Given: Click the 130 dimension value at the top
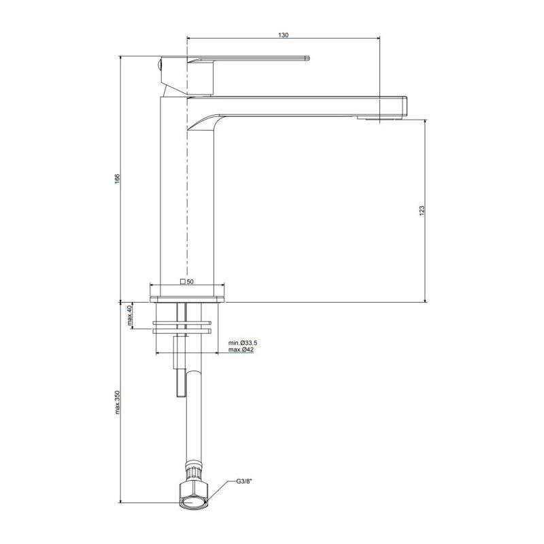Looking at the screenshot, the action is tap(283, 35).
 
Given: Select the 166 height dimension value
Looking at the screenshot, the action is tap(117, 179).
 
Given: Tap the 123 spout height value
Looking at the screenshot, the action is tap(422, 211).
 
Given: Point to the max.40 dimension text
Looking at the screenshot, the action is tap(130, 316).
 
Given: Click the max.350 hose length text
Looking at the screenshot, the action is tap(117, 402).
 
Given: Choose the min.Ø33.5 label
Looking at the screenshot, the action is tap(243, 343).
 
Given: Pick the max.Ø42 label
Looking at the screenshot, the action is tap(241, 350).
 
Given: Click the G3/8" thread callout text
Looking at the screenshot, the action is tap(244, 481).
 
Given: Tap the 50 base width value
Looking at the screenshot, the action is tap(190, 282).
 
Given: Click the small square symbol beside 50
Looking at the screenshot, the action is tap(182, 282).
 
